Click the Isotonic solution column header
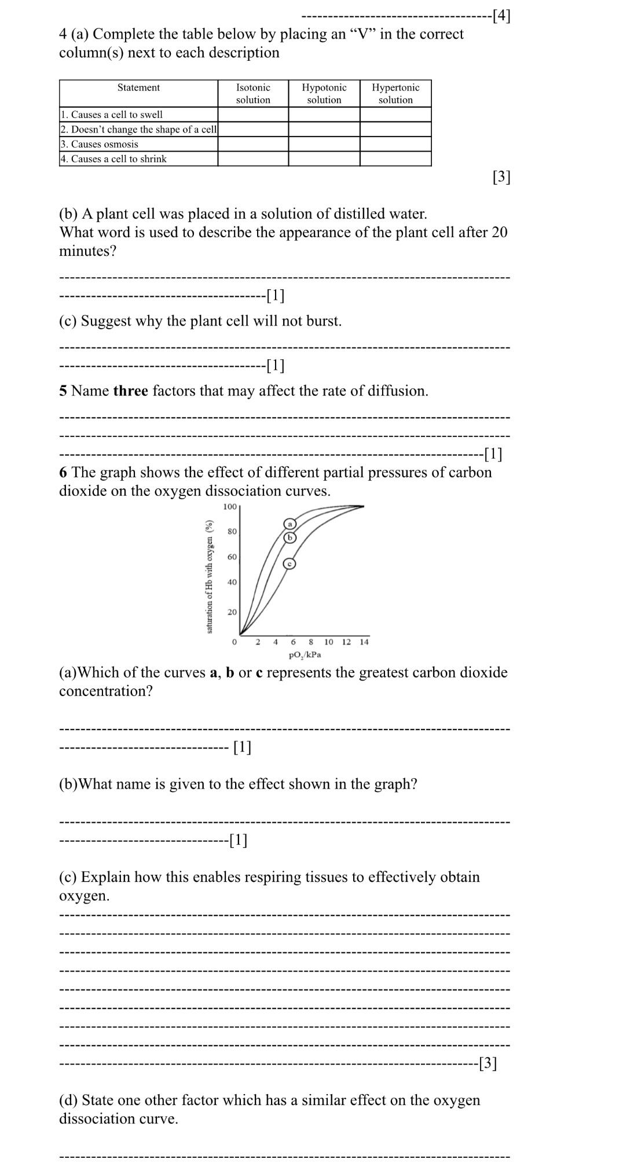253,93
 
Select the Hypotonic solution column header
324,93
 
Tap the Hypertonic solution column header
395,93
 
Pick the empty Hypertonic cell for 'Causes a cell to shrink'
395,159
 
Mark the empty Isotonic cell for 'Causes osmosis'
253,144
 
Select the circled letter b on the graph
289,537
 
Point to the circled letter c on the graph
289,564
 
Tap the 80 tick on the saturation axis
232,531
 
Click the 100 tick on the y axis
230,507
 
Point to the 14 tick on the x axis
364,642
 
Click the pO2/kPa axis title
305,655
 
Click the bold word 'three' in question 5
130,391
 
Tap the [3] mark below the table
501,178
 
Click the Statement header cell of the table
138,88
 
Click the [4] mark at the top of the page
501,16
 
